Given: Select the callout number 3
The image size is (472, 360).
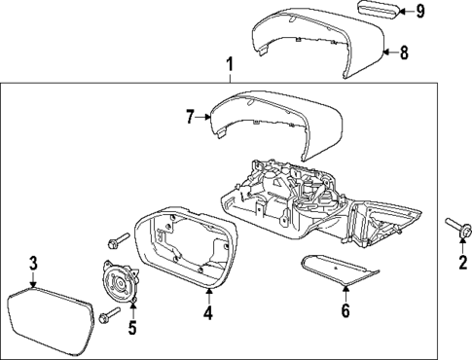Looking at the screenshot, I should (x=33, y=263).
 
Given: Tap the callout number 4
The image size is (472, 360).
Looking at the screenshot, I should (x=207, y=313).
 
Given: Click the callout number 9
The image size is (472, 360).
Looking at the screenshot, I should (x=420, y=11).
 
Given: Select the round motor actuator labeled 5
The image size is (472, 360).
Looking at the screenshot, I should (x=122, y=287).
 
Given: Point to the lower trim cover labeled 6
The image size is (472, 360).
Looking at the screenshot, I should (x=336, y=271).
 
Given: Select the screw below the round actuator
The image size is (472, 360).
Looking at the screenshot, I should (x=108, y=314).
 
